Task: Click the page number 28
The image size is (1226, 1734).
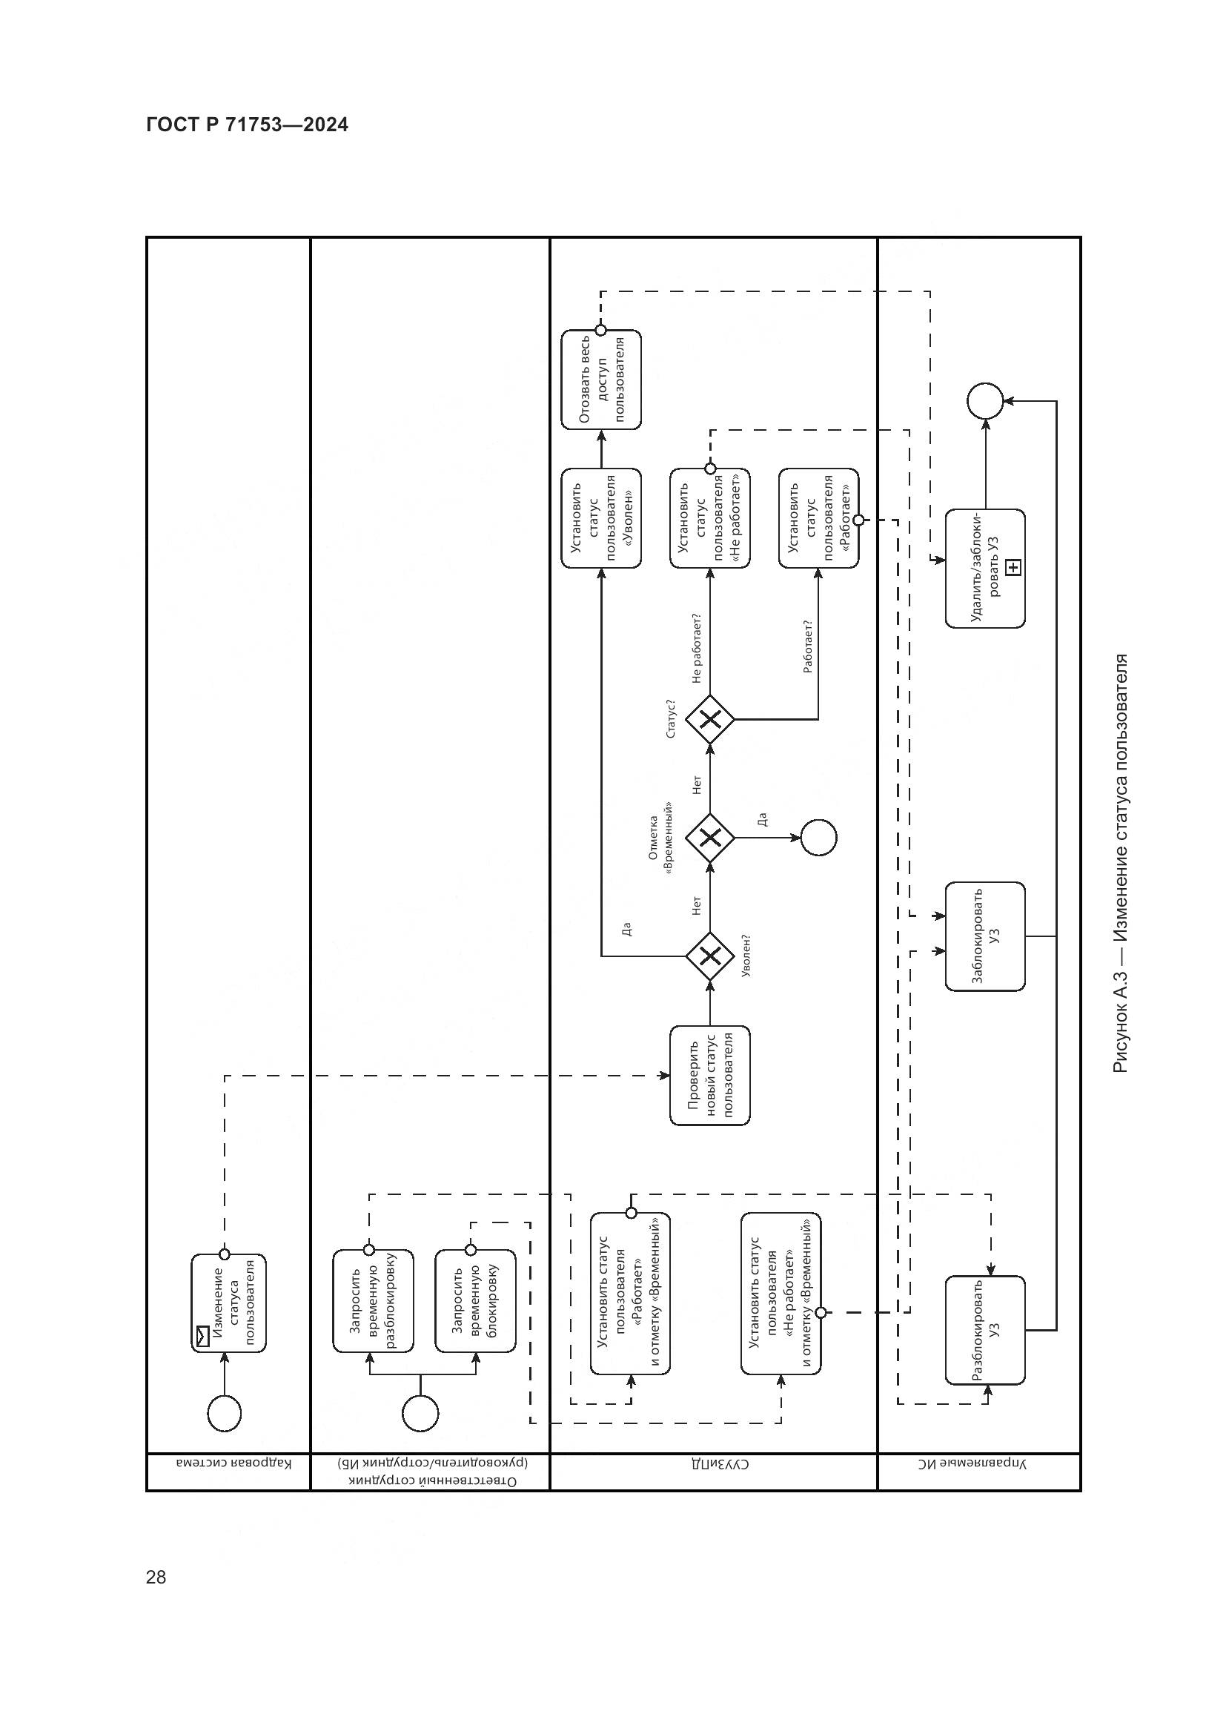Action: (x=156, y=1576)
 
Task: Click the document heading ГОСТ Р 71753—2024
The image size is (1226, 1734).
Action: (x=247, y=125)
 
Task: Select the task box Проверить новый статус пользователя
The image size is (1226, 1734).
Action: (x=709, y=1075)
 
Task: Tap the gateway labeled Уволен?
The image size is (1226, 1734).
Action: (x=709, y=957)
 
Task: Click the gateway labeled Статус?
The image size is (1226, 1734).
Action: (x=709, y=720)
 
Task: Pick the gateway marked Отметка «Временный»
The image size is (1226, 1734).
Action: (x=709, y=838)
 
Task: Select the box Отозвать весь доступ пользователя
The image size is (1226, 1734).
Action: (x=601, y=379)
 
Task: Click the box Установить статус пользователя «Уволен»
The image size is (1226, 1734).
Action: (x=601, y=518)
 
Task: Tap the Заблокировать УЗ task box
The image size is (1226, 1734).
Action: (x=985, y=936)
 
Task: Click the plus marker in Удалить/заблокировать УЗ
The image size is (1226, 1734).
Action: (x=1014, y=567)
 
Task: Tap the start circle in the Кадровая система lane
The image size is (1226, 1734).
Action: (x=223, y=1414)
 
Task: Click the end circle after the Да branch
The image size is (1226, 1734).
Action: (x=818, y=838)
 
